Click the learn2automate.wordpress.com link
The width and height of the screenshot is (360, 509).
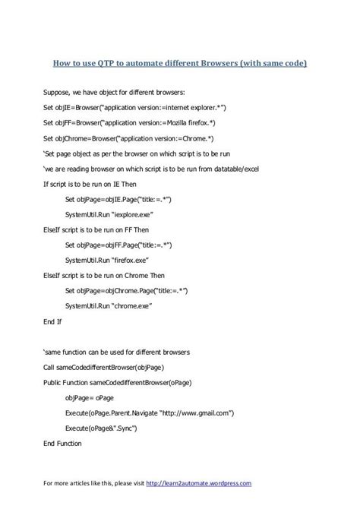point(197,482)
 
